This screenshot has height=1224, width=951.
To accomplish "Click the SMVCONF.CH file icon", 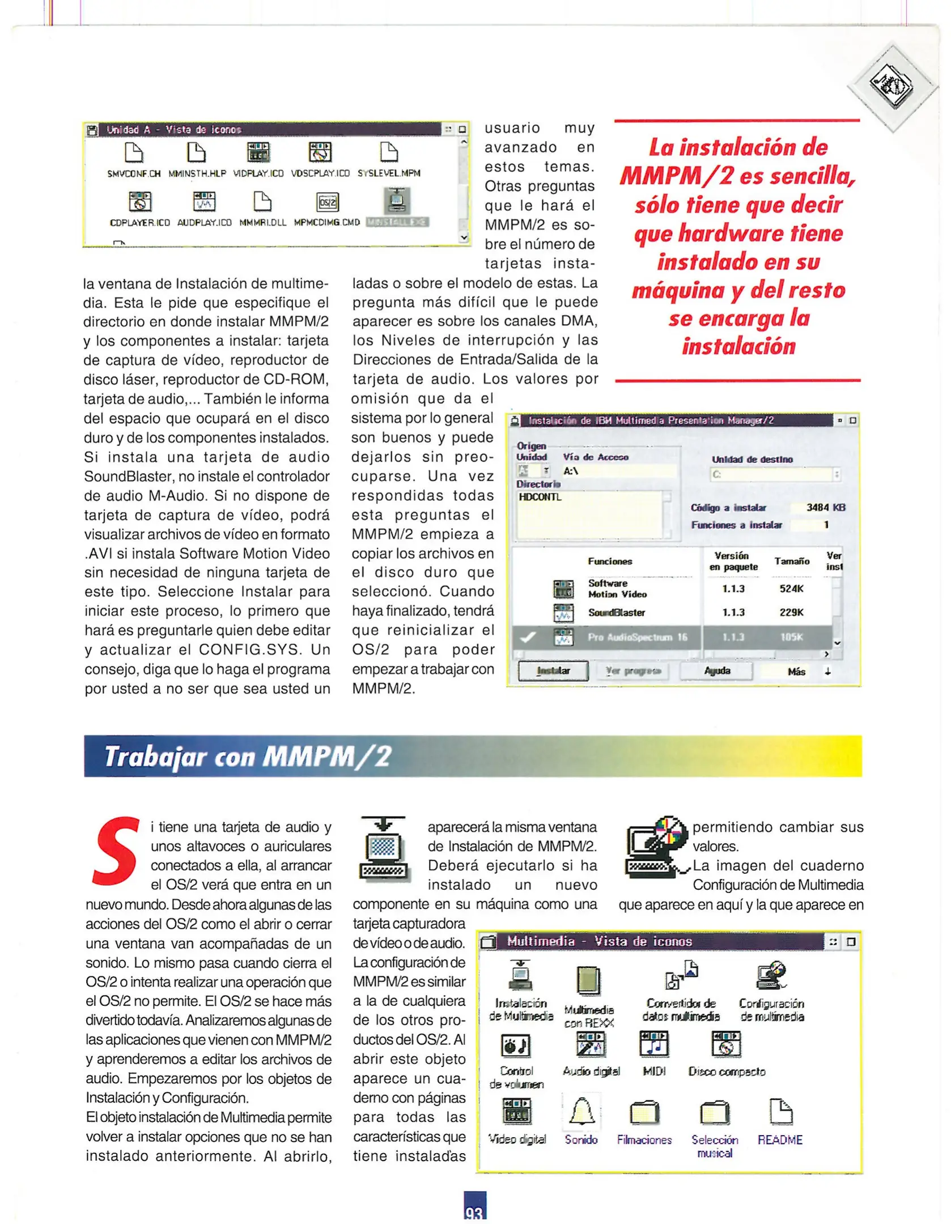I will click(x=134, y=152).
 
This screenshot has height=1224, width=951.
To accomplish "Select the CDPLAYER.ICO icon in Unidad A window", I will click(x=139, y=202).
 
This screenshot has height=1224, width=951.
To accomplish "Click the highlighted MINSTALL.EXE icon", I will click(x=397, y=201).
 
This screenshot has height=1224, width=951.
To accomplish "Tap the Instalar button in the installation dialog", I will click(x=553, y=671).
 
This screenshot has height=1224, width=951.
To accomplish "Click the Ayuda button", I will click(x=716, y=671).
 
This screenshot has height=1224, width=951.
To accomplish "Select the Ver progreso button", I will click(x=633, y=671).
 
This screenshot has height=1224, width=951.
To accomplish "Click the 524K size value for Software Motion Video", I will click(x=791, y=589).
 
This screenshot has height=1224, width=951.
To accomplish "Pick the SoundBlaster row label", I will click(x=616, y=613).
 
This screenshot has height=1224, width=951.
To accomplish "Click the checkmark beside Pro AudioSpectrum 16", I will click(x=528, y=637).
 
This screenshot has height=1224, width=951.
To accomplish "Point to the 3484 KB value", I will click(x=825, y=508).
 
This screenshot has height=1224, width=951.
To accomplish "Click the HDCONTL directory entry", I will click(x=540, y=497).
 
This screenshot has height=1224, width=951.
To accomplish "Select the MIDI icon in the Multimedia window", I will click(x=653, y=1044).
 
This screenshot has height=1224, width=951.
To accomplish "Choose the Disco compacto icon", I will click(x=726, y=1044).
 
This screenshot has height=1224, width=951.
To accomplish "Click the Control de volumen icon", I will click(x=516, y=1045).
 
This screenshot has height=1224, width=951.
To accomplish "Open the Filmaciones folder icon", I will click(x=644, y=1112).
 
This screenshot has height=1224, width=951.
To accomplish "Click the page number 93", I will click(x=474, y=1213).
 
